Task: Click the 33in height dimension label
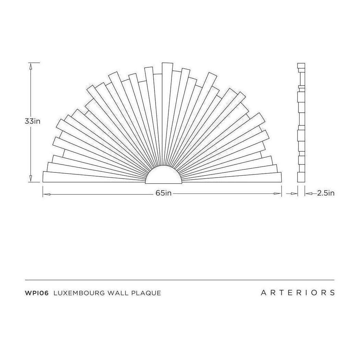coord(33,121)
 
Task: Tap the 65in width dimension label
coord(163,193)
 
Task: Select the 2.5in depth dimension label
coord(325,193)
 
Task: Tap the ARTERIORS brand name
coord(297,293)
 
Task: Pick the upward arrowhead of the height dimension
coord(31,67)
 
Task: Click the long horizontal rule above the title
coord(180,280)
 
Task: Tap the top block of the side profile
coord(301,66)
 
